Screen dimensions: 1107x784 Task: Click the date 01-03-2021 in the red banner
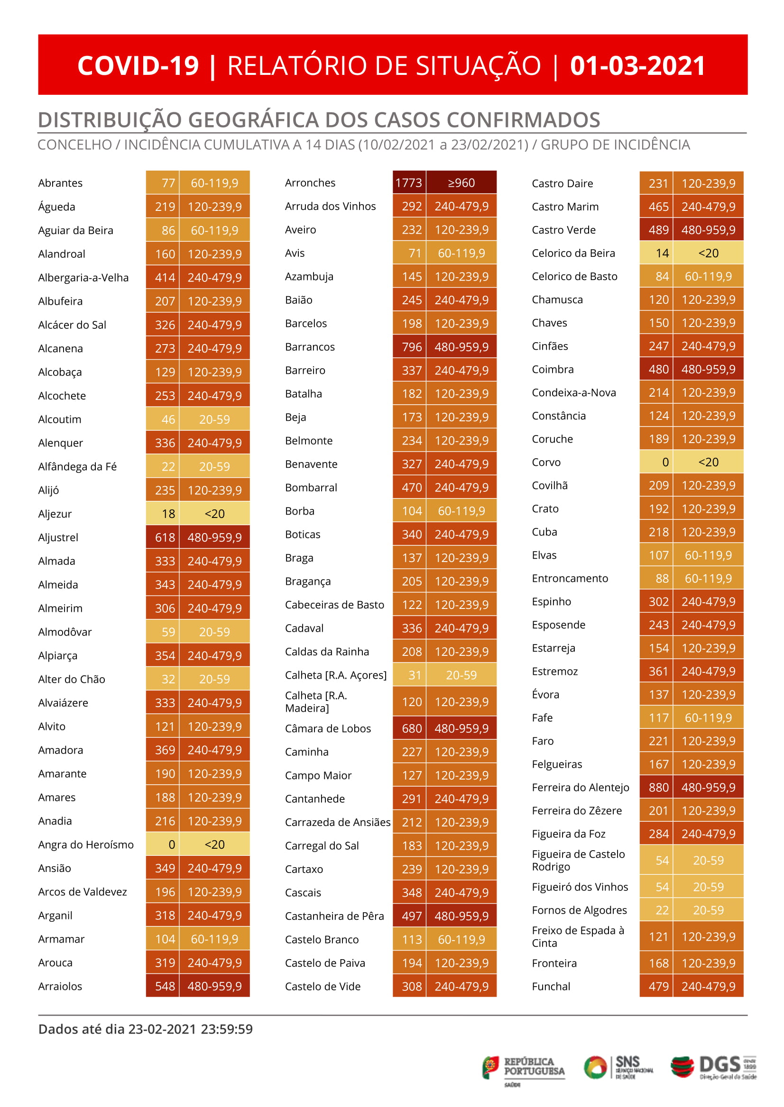637,65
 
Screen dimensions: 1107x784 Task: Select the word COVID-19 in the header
138,65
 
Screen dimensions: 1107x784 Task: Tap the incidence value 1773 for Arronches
408,183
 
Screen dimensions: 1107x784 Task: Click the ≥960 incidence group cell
461,183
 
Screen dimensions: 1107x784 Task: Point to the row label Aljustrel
58,537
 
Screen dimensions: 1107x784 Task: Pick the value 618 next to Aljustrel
165,537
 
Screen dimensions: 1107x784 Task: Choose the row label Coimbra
553,370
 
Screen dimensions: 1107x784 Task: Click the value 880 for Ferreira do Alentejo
658,787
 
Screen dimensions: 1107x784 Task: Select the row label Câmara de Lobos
328,728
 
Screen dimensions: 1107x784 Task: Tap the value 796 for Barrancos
412,347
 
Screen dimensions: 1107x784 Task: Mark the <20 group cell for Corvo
708,462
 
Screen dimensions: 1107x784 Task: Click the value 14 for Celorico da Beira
662,253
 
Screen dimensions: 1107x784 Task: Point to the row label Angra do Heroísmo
86,844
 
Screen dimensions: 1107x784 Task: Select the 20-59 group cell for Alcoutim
214,419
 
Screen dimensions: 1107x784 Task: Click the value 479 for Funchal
658,987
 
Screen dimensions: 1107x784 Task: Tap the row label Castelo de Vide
323,987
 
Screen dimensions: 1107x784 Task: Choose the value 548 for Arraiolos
165,986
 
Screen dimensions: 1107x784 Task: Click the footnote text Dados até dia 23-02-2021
145,1029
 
